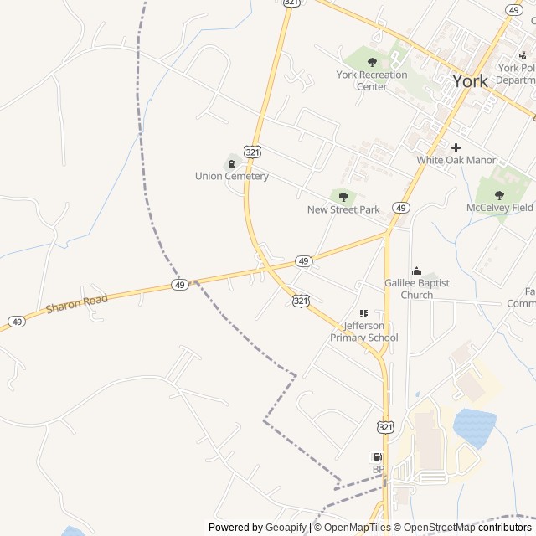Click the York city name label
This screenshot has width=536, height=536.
point(470,80)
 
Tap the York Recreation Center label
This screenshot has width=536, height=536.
point(371,80)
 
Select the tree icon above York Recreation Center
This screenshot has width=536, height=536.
point(372,61)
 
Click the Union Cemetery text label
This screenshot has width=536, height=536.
point(232,176)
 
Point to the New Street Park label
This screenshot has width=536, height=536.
point(343,209)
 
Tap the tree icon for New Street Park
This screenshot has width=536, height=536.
point(343,197)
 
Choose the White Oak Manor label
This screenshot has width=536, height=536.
point(456,160)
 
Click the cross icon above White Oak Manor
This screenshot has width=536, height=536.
point(456,147)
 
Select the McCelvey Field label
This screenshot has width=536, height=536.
point(500,207)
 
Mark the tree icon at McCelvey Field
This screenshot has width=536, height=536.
point(500,194)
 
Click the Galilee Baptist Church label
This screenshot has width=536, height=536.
point(417,289)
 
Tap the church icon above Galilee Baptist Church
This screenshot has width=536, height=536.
point(417,271)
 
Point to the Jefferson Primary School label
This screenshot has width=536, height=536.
point(364,332)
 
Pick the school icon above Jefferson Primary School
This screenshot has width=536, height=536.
point(363,313)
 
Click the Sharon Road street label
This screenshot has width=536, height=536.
point(78,302)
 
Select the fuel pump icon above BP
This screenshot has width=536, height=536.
point(376,456)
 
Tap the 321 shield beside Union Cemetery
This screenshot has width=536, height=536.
point(253,152)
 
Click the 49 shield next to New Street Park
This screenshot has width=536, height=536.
point(402,208)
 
